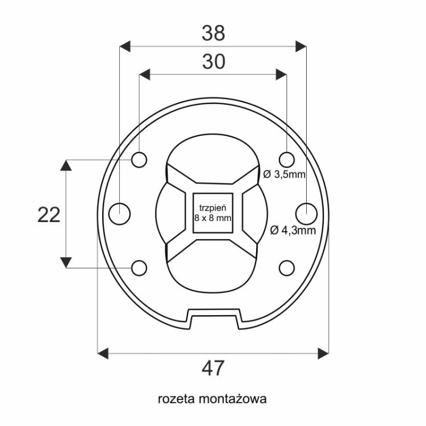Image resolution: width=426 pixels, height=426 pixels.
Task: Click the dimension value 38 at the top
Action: (213, 34)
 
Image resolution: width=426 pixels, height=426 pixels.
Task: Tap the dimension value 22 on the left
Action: (49, 215)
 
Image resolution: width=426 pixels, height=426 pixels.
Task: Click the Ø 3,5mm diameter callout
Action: (285, 174)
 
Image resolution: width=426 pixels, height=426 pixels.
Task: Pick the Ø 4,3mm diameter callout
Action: (292, 231)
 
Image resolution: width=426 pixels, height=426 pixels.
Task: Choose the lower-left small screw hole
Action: (139, 268)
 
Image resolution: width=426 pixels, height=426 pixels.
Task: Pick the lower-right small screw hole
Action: (287, 268)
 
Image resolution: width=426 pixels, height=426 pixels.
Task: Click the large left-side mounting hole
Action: (119, 214)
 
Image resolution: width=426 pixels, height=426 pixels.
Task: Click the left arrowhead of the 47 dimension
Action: (103, 353)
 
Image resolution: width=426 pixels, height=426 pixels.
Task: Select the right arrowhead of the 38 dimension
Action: (301, 46)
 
